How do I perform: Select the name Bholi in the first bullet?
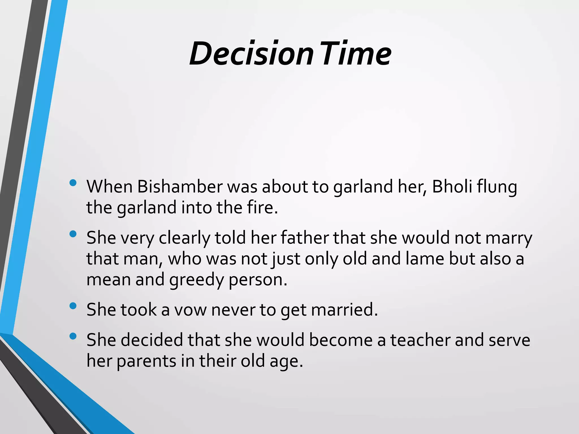pos(452,187)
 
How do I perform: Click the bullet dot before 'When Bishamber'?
pos(73,183)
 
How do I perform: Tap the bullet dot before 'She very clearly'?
pos(73,234)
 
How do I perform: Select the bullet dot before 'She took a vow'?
pos(73,306)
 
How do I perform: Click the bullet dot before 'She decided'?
pos(73,336)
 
